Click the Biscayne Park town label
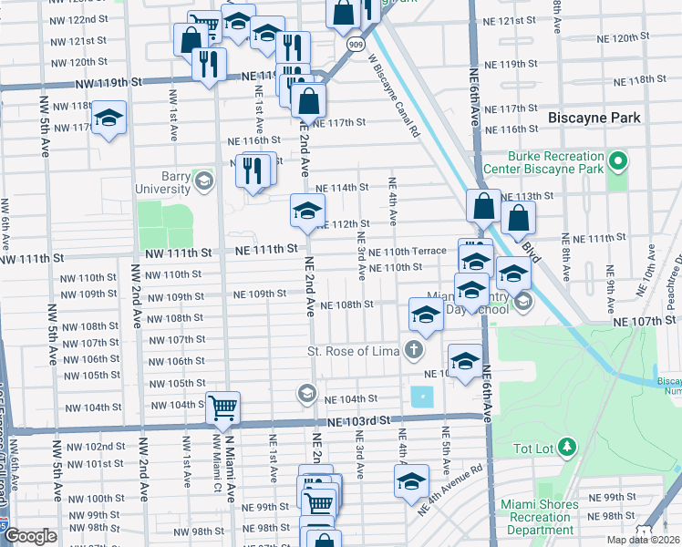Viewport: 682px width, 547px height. click(595, 119)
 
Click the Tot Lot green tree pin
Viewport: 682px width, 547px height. click(567, 446)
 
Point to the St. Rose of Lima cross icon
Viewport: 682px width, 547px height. click(414, 349)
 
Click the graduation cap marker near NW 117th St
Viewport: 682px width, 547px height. click(108, 119)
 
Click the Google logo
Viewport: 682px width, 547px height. click(30, 536)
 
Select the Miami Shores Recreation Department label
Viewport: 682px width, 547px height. click(540, 517)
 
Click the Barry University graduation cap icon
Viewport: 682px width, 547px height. click(204, 182)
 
